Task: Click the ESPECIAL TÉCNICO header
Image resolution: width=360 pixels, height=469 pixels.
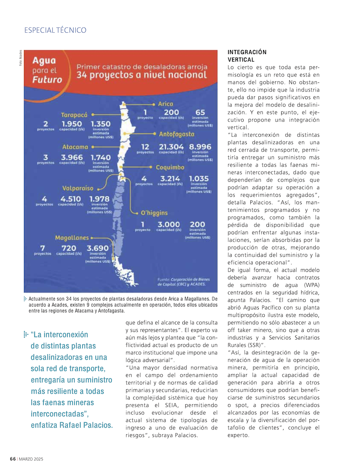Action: [x=55, y=30]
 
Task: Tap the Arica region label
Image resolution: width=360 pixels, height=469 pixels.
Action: [x=166, y=104]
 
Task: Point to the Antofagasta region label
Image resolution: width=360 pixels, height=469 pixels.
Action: [x=176, y=134]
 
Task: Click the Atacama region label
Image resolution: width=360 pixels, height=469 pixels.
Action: [x=75, y=147]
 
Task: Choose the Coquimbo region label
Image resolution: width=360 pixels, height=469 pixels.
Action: [x=170, y=167]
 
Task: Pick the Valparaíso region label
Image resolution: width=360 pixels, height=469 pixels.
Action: [x=78, y=188]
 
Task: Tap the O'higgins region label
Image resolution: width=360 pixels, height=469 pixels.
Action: [x=154, y=213]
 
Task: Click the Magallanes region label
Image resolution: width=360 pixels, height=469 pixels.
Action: [x=72, y=237]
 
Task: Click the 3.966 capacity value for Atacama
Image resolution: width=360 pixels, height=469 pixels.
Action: [x=72, y=158]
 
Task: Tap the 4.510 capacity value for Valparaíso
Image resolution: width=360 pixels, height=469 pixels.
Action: [x=71, y=199]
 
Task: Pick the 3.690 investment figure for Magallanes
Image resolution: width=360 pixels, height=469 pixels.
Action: [x=98, y=248]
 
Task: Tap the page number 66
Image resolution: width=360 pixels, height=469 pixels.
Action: [x=13, y=459]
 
